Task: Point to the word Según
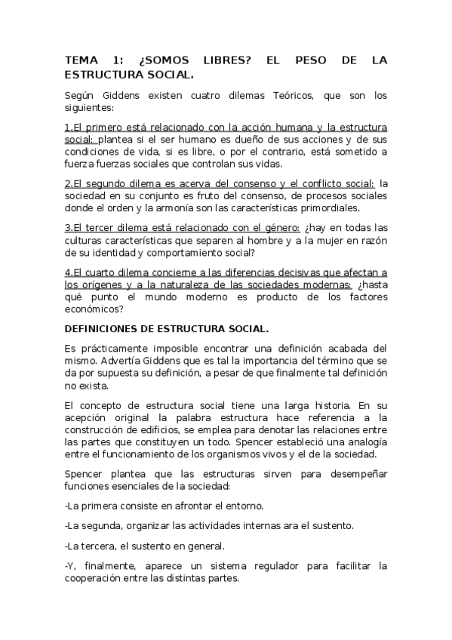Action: [81, 96]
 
